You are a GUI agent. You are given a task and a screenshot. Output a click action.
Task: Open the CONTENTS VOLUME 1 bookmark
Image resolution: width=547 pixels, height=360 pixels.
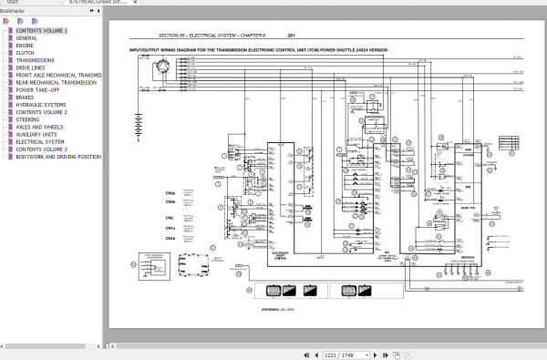(x=40, y=31)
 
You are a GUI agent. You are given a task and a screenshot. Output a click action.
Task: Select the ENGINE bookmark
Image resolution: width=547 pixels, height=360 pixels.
(x=25, y=45)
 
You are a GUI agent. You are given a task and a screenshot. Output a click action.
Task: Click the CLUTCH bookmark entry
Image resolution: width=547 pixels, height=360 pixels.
(x=25, y=52)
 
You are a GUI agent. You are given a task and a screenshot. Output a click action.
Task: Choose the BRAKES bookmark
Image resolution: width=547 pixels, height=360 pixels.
(x=25, y=96)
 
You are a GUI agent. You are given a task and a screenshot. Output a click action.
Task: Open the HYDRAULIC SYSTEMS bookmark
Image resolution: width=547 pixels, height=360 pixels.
(x=42, y=105)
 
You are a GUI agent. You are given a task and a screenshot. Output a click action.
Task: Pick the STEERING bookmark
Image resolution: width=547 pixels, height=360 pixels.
(x=27, y=119)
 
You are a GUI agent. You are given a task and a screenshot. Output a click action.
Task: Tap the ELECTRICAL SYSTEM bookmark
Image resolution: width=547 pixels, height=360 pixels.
(x=40, y=142)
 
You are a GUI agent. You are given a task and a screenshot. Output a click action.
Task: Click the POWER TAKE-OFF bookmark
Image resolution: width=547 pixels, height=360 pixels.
(x=36, y=90)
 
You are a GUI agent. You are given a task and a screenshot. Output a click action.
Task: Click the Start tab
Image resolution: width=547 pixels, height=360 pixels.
(x=14, y=4)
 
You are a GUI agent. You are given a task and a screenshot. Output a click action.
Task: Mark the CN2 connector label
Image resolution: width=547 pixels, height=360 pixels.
(x=170, y=218)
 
